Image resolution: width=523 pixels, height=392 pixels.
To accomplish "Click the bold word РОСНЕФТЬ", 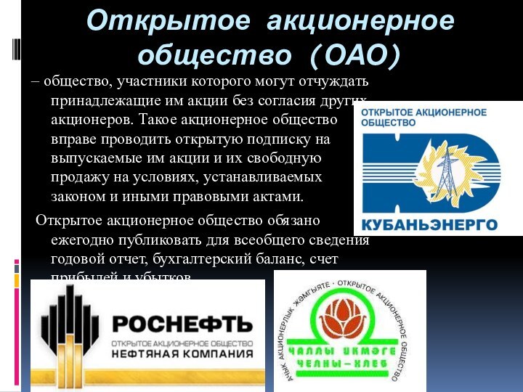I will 182,323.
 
